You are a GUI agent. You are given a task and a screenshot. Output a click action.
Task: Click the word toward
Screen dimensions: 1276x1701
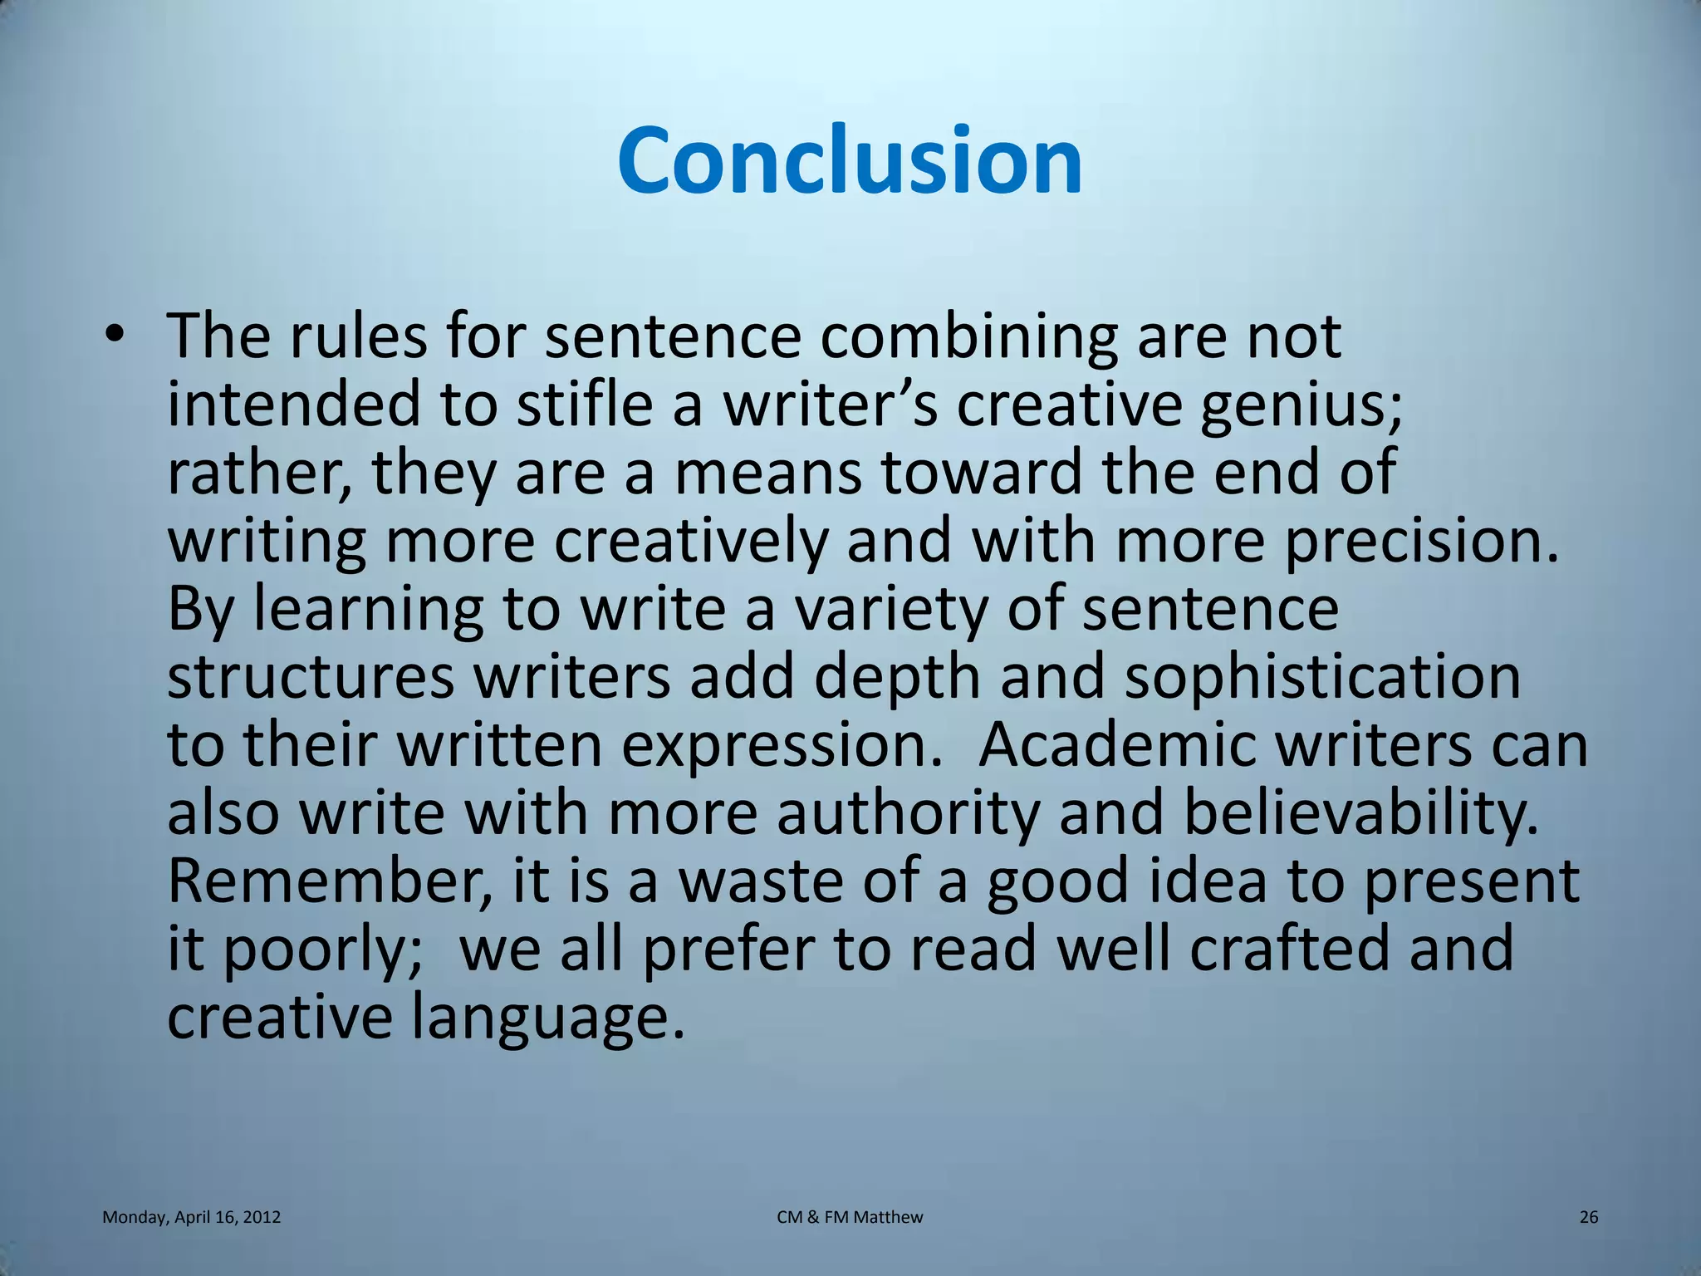[981, 472]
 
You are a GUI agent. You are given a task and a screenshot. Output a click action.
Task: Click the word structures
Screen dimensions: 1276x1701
[310, 677]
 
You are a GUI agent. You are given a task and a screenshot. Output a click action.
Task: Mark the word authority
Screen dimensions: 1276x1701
[907, 814]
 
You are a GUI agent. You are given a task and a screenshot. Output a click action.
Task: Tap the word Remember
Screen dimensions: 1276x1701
[328, 881]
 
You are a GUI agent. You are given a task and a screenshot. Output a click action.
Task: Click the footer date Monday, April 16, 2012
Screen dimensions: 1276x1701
[191, 1217]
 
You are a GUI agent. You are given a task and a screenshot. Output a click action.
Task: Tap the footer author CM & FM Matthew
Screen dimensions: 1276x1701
[850, 1217]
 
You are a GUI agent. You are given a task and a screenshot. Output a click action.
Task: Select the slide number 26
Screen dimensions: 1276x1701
[1588, 1217]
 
